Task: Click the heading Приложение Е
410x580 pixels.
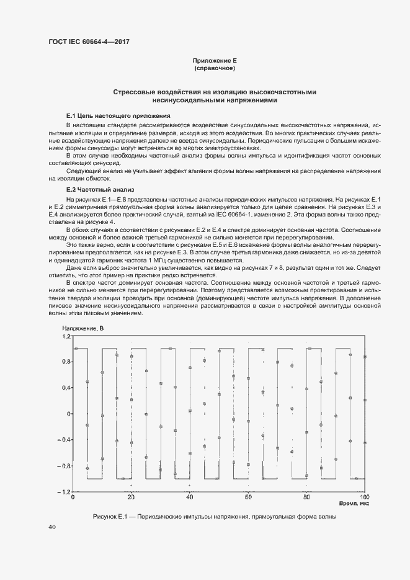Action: click(x=215, y=60)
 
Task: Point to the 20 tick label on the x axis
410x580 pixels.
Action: click(x=131, y=497)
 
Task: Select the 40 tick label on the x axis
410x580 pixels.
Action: click(x=190, y=497)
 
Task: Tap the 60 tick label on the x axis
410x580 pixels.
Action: click(x=248, y=497)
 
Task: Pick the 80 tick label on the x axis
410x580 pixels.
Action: click(x=306, y=497)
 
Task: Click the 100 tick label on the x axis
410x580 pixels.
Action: click(x=364, y=497)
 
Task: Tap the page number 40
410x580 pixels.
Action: click(x=52, y=527)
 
